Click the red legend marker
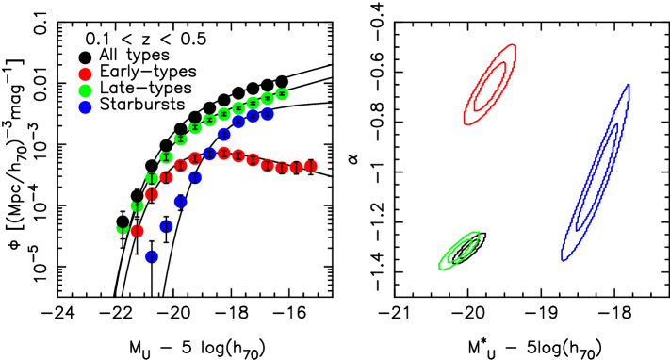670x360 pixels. (85, 74)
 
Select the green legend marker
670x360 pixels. (85, 91)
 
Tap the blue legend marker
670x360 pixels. (85, 107)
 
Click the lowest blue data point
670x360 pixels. (152, 256)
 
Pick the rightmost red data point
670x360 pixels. (311, 166)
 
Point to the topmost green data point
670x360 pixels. (282, 93)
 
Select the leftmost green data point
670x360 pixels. (123, 229)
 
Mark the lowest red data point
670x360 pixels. (138, 231)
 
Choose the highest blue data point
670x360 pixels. (268, 114)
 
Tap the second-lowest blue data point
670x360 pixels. (167, 226)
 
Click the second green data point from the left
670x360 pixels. (138, 206)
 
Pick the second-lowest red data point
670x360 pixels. (152, 194)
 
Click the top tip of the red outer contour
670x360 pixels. (514, 44)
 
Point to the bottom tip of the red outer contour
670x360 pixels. (465, 123)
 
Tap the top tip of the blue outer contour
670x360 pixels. (628, 86)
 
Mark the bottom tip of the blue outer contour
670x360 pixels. (563, 259)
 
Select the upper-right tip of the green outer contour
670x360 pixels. (479, 232)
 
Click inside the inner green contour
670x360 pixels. (460, 250)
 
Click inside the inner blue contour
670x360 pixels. (596, 175)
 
